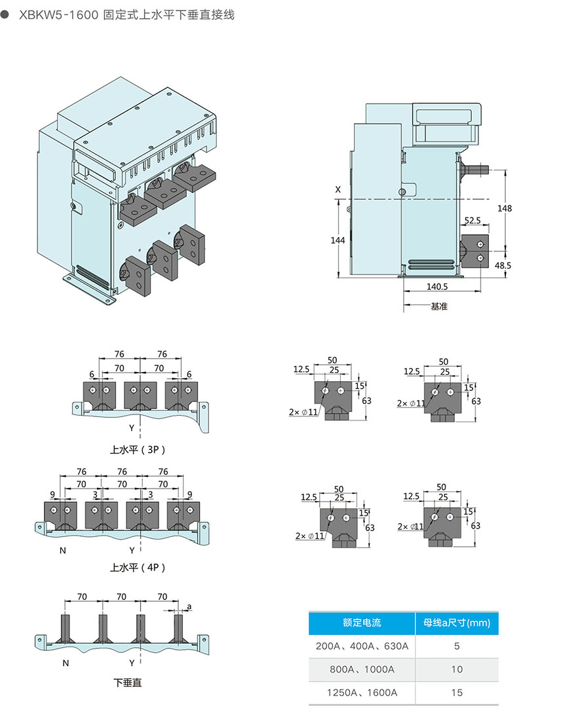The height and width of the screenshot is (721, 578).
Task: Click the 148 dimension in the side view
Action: pos(505,208)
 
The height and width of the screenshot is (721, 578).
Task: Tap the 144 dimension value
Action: pos(337,240)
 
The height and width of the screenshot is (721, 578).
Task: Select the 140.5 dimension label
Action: pos(436,286)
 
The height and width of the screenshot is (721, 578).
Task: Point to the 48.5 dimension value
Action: pos(503,266)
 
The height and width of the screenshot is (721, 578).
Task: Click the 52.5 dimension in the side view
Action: pos(472,221)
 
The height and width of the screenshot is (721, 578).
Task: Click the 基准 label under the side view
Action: pos(439,306)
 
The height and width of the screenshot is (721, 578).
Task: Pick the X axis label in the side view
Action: pos(338,189)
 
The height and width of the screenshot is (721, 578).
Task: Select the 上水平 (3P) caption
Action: pos(138,450)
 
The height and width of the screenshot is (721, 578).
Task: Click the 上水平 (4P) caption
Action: pos(138,568)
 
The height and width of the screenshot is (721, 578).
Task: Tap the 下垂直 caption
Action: pos(128,683)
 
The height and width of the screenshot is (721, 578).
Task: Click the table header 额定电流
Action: pos(362,623)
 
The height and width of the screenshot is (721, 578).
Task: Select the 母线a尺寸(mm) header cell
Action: pos(457,623)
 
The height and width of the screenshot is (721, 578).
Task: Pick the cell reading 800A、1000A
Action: pos(362,669)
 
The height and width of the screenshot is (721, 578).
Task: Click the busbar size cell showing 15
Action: pos(457,692)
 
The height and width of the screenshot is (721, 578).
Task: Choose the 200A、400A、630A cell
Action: pos(362,646)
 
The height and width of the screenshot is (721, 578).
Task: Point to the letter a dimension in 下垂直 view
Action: pos(189,606)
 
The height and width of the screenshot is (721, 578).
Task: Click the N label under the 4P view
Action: pos(63,550)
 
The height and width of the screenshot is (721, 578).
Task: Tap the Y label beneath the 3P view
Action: pos(132,428)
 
